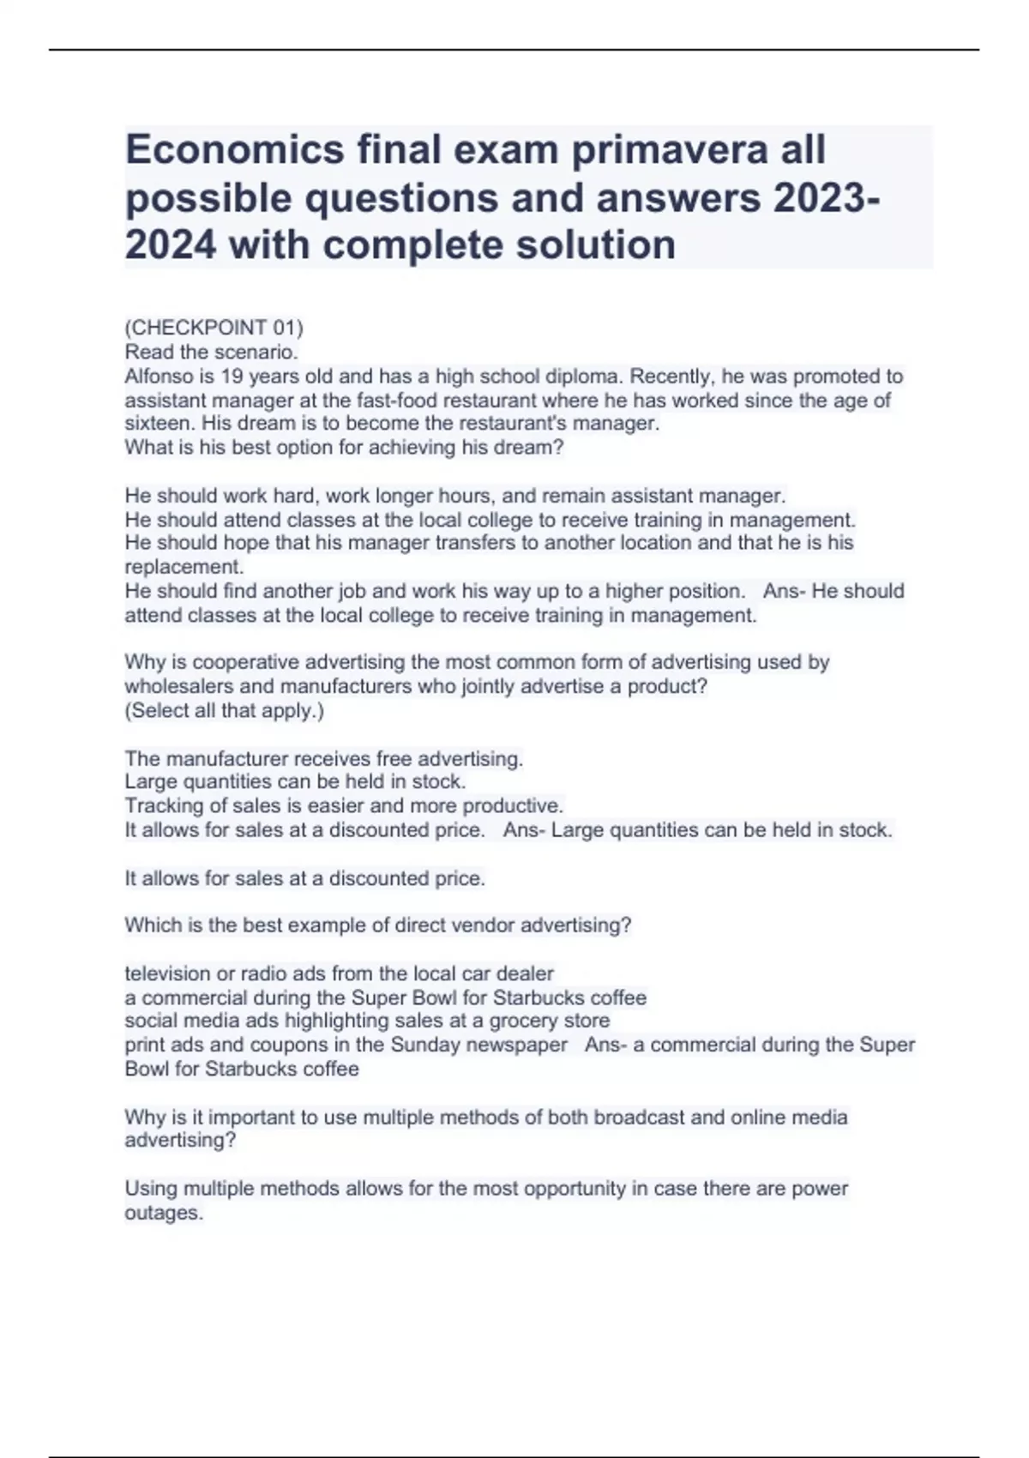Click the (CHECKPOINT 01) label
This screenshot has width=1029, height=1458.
pyautogui.click(x=214, y=328)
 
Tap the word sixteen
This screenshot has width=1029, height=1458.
pyautogui.click(x=158, y=424)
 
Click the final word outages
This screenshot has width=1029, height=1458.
pyautogui.click(x=164, y=1214)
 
